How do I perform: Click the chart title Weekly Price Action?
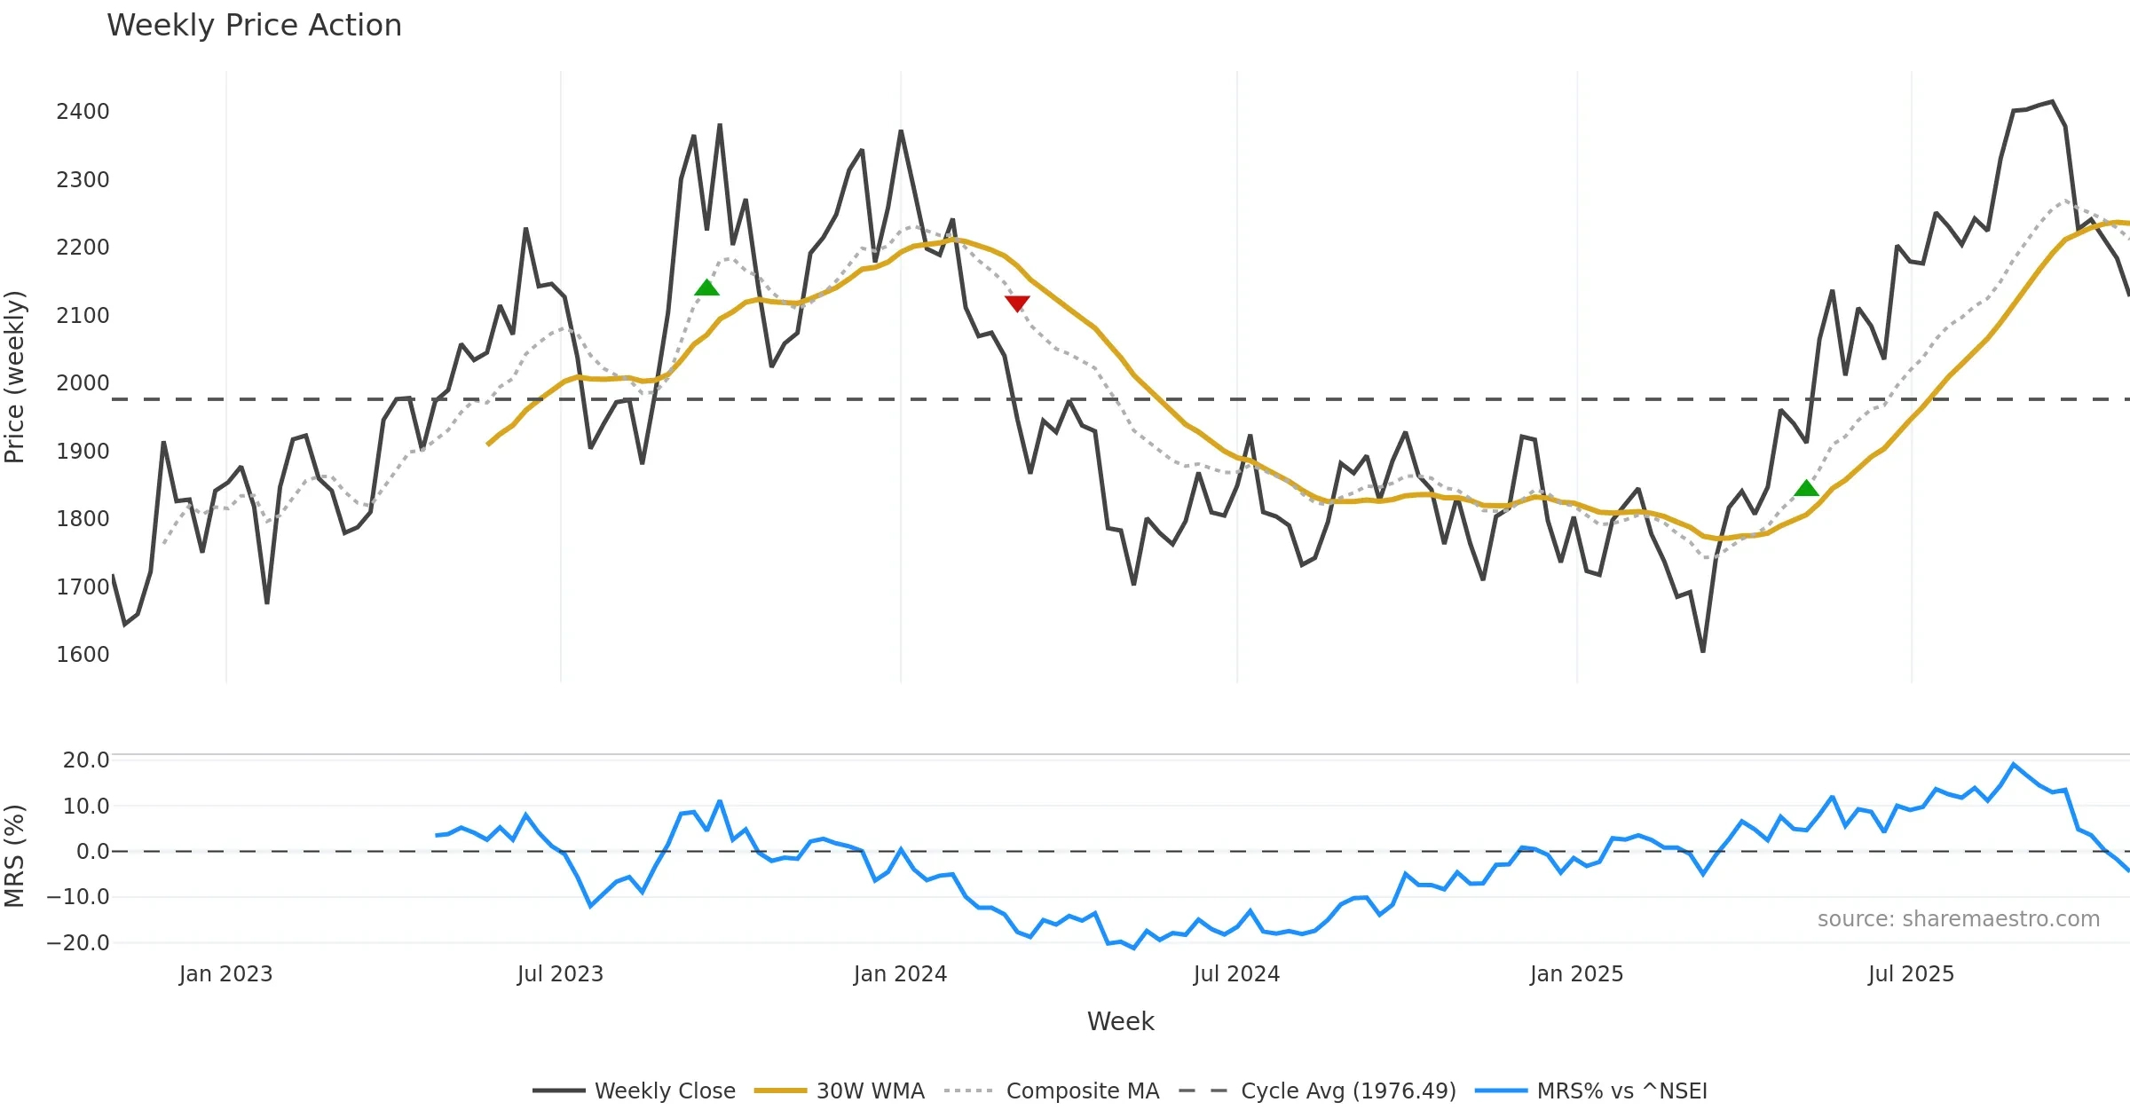254,26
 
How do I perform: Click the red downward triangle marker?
1017,303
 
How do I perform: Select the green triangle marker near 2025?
1806,488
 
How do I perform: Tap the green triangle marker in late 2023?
706,287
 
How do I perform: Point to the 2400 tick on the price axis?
83,112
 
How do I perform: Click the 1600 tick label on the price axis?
83,655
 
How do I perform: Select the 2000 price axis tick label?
83,383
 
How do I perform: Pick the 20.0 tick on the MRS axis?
86,760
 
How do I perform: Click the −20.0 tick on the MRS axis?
79,943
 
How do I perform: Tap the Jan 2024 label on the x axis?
900,974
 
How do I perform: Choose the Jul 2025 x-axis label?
1911,974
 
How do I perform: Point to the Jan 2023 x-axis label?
225,974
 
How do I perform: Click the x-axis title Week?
1120,1022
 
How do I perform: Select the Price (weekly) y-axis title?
15,377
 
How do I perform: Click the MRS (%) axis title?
15,855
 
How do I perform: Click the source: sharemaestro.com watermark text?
1958,919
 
